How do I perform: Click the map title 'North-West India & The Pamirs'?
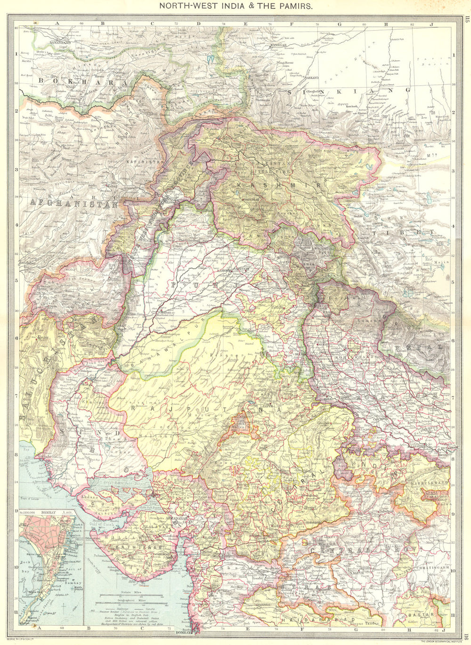coord(235,7)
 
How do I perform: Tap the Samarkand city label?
coord(46,42)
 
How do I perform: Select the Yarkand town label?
coord(311,77)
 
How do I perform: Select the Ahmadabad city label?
coord(175,517)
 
